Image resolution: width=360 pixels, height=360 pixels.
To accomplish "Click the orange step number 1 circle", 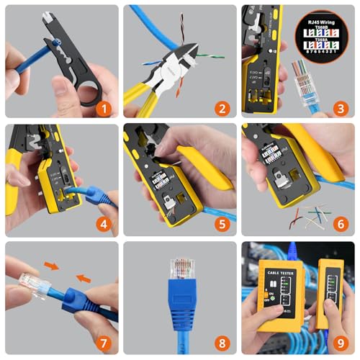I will coord(105,109).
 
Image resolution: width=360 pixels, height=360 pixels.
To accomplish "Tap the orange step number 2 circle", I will coord(223,109).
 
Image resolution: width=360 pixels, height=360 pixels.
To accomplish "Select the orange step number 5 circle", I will coord(223,225).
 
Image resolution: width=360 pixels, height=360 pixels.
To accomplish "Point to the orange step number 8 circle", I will coord(223,343).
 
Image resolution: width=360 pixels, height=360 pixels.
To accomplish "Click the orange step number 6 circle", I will coord(341,225).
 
